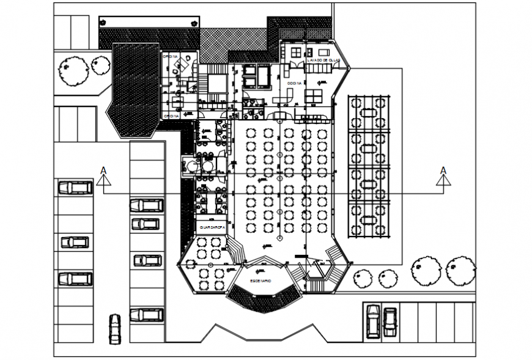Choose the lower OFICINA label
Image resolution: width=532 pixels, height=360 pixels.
coord(171,116)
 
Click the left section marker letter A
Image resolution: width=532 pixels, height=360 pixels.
coord(103,170)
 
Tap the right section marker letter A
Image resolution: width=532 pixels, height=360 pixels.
coord(443,170)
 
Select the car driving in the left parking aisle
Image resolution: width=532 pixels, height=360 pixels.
coord(115,328)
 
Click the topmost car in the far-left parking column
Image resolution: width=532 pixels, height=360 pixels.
coord(75,188)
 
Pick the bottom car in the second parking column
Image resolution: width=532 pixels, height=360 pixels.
coord(147,315)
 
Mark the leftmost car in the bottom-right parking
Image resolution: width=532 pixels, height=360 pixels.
coord(372,320)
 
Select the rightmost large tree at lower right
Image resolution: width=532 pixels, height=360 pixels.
coord(460,270)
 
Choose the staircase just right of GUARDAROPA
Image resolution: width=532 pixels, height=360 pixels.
coord(235,247)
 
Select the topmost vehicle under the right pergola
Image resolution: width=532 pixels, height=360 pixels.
coord(369,112)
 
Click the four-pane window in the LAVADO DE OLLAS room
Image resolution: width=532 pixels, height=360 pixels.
coord(298,53)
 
